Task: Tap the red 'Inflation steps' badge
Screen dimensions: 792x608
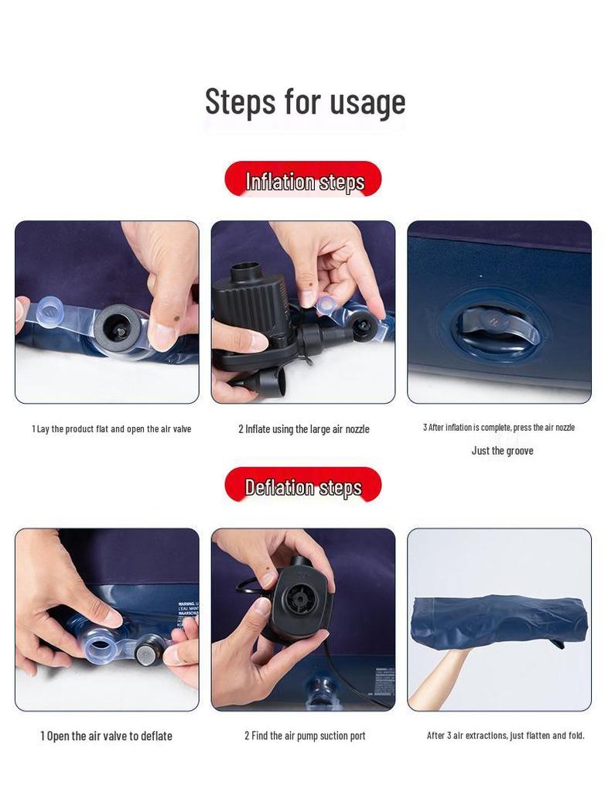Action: click(x=303, y=180)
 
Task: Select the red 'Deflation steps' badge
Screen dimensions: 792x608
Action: click(x=303, y=486)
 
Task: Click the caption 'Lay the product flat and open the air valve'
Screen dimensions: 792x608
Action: click(x=111, y=428)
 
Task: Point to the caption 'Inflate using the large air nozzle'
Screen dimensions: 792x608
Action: click(x=303, y=428)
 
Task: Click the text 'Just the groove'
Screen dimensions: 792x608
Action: click(x=502, y=451)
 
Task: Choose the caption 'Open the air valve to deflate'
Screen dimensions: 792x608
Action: click(x=106, y=736)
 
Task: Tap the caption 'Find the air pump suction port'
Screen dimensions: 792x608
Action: click(x=305, y=736)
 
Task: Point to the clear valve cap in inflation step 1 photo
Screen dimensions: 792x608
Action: click(x=50, y=314)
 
